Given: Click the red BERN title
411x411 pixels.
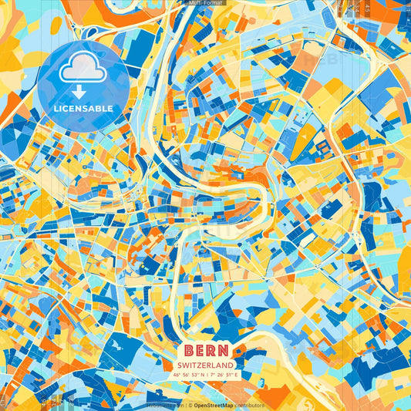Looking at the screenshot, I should coord(205,349).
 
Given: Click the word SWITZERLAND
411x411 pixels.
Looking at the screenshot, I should coord(205,365).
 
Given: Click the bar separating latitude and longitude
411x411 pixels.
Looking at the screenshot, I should coord(206,375).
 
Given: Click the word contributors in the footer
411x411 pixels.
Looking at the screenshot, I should coord(248,405).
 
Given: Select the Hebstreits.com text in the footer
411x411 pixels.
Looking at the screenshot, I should coord(165,405).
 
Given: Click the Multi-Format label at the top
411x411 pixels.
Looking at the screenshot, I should coord(205,3).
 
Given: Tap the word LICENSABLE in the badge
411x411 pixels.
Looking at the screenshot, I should coord(83,109).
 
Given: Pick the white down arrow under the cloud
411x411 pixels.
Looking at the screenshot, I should coord(83,91).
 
